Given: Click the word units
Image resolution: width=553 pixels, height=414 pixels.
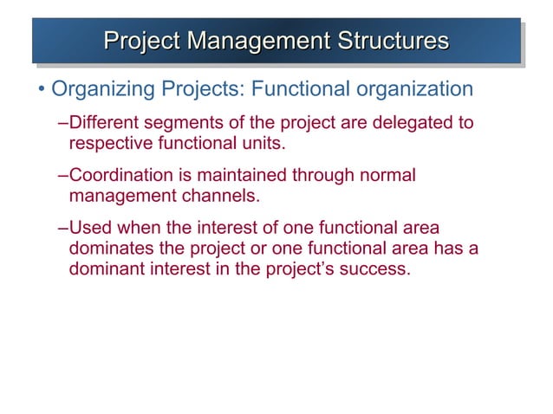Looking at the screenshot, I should (266, 142).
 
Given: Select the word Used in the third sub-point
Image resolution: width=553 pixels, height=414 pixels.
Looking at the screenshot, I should (89, 229).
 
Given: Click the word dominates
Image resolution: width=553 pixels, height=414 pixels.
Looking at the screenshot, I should (109, 249).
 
